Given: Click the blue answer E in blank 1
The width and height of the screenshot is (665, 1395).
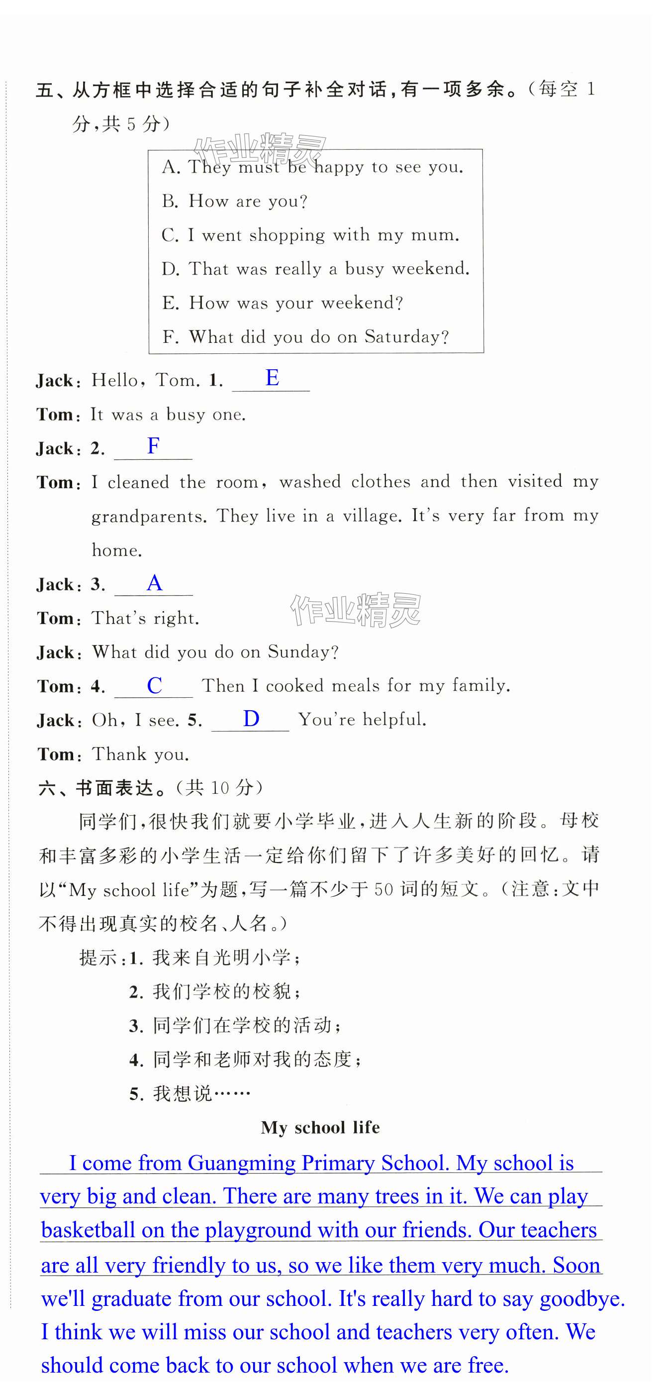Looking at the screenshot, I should [x=272, y=378].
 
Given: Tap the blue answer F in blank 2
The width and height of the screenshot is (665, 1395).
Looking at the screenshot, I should [x=153, y=446].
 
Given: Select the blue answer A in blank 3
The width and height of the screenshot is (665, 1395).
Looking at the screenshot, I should [x=154, y=583].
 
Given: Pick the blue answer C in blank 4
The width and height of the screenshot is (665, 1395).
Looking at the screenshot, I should [x=154, y=686].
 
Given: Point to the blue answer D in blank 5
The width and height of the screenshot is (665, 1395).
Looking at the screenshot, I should [x=251, y=719].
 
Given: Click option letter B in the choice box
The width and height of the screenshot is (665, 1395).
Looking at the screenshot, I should [x=170, y=202].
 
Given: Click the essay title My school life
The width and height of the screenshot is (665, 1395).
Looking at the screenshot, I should [x=320, y=1127].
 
